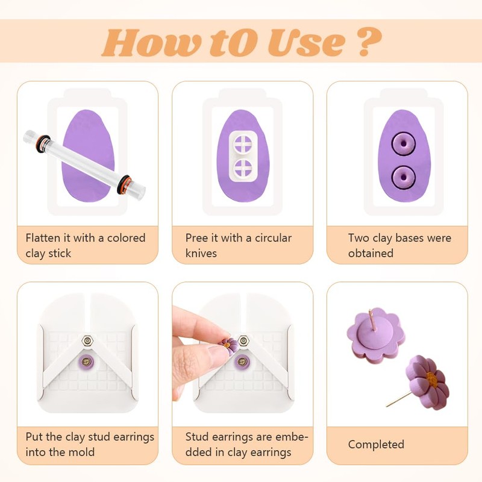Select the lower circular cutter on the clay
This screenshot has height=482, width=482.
click(x=244, y=169)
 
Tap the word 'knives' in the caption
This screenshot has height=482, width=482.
click(x=201, y=253)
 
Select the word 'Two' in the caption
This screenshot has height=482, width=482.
click(x=359, y=237)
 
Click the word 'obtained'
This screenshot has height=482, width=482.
click(x=371, y=253)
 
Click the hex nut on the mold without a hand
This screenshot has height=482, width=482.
click(x=87, y=340)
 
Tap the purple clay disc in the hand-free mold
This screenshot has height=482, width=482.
click(x=87, y=362)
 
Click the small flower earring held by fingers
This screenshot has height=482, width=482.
click(x=229, y=346)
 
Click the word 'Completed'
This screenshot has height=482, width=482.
click(x=376, y=445)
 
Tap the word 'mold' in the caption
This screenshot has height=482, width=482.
click(x=84, y=452)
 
